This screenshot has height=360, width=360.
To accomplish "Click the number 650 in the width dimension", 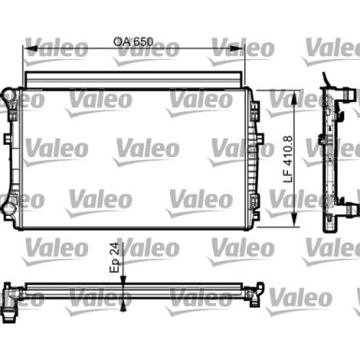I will (140, 42).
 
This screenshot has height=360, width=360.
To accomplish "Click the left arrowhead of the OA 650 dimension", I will (29, 52).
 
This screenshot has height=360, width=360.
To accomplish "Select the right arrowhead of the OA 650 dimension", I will (245, 52).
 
